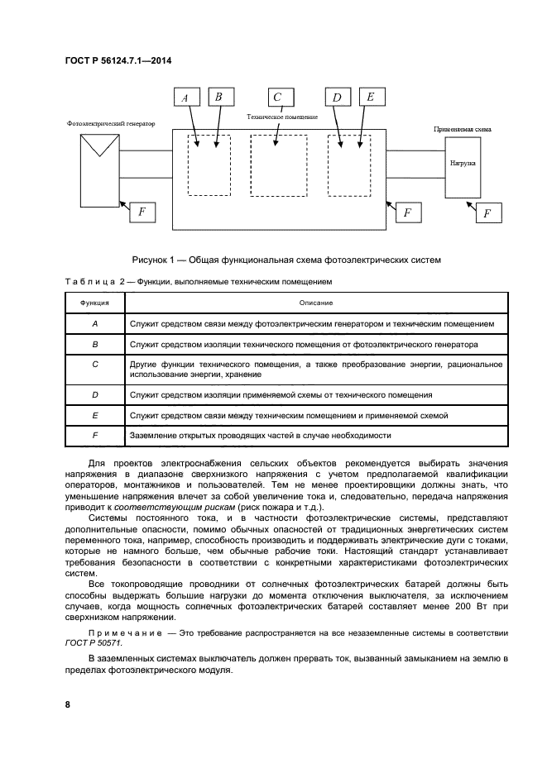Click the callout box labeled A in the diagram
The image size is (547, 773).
tap(185, 98)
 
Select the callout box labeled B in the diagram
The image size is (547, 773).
tap(218, 97)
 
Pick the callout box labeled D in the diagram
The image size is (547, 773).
tap(337, 98)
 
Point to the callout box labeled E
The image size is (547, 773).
tap(370, 97)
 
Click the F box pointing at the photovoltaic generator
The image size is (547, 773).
tap(142, 212)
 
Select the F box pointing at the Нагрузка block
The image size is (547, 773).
tap(487, 213)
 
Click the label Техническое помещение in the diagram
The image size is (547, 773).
tap(282, 117)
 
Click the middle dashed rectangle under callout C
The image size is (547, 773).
tap(279, 165)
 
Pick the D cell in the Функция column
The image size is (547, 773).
tap(95, 394)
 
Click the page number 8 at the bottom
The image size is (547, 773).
tap(68, 704)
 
